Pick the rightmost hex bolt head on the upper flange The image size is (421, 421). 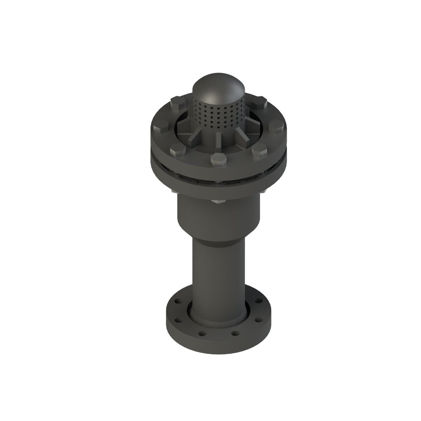(x=276, y=127)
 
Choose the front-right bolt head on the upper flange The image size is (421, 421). (x=260, y=151)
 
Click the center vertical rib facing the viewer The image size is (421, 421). (x=218, y=140)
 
